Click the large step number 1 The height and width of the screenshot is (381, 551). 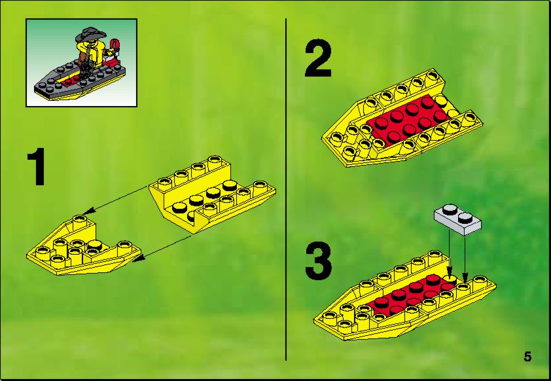coord(36,166)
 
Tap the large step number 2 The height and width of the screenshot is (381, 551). coord(318,58)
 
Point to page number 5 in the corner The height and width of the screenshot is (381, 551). coord(527,357)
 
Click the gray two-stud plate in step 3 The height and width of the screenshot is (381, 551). coord(458,219)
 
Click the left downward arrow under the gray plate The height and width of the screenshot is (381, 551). coord(449,251)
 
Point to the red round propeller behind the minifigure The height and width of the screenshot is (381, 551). coord(115,45)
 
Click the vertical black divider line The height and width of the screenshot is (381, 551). coord(286,189)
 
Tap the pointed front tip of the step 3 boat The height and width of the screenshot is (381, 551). coord(315,319)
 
